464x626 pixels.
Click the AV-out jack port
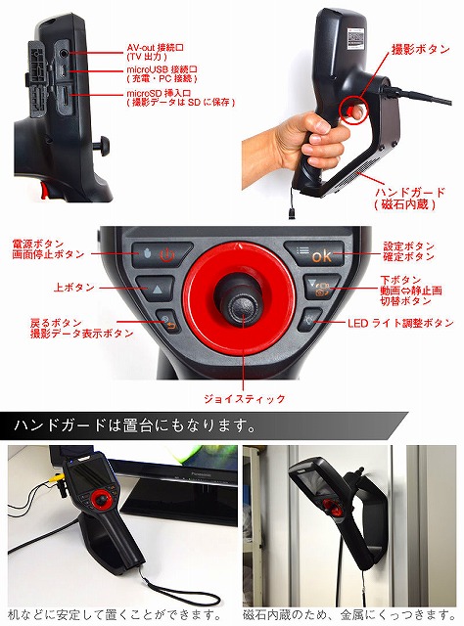[x=64, y=52]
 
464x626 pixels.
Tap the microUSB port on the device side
[x=64, y=71]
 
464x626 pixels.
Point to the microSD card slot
[x=65, y=95]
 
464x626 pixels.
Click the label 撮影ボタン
[x=420, y=49]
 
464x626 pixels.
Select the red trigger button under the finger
[x=348, y=110]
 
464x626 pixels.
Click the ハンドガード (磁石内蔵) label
[x=409, y=199]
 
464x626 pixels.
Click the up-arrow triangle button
[x=156, y=288]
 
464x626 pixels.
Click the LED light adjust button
[x=309, y=320]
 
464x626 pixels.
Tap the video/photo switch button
[x=321, y=287]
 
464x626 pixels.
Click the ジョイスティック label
[x=244, y=398]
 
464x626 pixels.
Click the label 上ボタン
[x=74, y=287]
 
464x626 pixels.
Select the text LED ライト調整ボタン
[x=400, y=323]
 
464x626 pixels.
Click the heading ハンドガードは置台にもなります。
[x=135, y=426]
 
